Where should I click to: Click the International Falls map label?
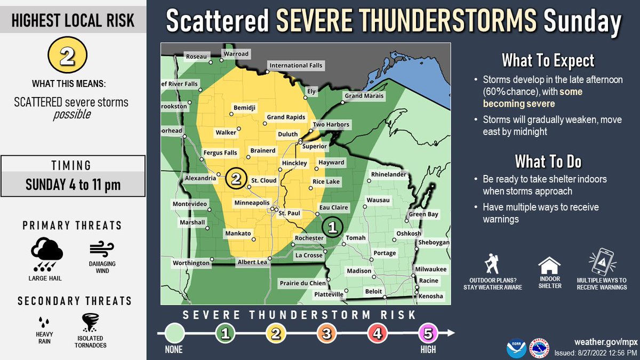coord(296,66)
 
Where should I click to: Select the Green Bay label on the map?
coord(423,214)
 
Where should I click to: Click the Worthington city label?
coord(191,263)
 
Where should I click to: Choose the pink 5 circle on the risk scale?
coord(428,334)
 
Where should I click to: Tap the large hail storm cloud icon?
coord(47,253)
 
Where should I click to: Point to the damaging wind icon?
coord(102,250)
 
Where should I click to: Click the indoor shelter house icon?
coord(549,265)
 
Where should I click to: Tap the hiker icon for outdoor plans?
coord(492,264)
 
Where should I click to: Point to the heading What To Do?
coord(548,161)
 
